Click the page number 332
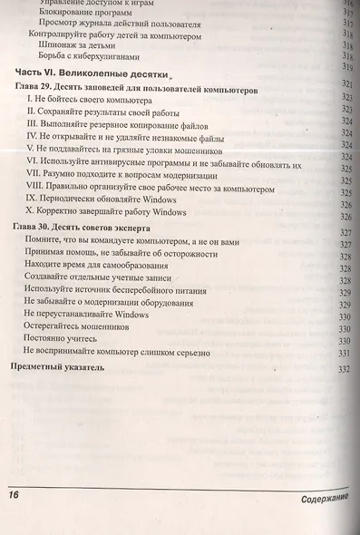[x=344, y=369]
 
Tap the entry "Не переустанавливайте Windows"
[x=87, y=314]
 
